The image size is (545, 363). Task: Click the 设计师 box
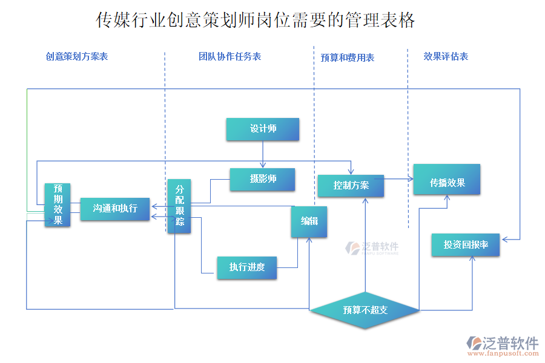(262, 129)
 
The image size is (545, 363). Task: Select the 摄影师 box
(262, 179)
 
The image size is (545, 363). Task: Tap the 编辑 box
(309, 221)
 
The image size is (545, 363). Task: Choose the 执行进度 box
(246, 267)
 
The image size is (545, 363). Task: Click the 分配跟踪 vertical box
(179, 206)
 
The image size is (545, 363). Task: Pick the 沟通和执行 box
(114, 209)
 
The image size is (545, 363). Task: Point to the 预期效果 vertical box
(58, 204)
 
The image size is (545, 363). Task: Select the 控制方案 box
(351, 185)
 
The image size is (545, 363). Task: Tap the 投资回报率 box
(465, 244)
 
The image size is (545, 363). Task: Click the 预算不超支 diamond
(365, 310)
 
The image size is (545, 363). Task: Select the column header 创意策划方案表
(76, 56)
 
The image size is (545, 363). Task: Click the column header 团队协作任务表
(230, 56)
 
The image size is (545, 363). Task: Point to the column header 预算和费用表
(347, 57)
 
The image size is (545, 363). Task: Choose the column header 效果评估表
(446, 56)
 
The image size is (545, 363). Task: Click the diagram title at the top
(256, 21)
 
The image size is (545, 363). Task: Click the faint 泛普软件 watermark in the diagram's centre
(372, 247)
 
